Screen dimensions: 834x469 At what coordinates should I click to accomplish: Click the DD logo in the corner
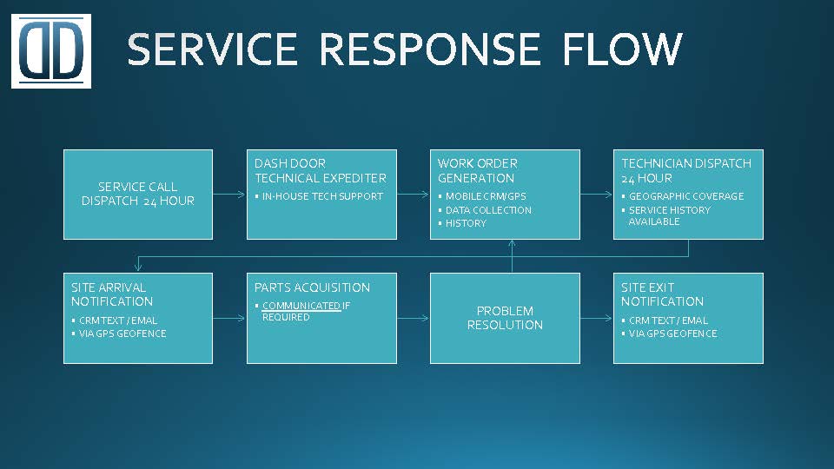[51, 51]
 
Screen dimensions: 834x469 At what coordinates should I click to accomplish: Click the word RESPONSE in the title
[429, 49]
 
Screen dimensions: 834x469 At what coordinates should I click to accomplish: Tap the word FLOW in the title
[622, 49]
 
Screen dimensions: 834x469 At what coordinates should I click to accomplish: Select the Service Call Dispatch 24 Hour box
[138, 195]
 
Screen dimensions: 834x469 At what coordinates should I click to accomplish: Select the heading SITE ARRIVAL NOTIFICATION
[112, 294]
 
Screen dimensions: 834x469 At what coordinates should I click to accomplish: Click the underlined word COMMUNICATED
[301, 306]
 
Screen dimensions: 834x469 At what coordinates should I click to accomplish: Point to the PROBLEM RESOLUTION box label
[505, 318]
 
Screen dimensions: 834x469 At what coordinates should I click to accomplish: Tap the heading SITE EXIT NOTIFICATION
[662, 294]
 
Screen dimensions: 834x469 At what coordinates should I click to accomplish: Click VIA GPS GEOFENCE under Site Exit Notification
[672, 334]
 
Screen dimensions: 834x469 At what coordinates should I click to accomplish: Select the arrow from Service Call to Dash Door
[229, 195]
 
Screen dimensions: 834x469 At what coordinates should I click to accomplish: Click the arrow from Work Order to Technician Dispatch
[596, 195]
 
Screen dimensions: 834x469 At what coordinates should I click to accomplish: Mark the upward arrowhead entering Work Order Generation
[512, 243]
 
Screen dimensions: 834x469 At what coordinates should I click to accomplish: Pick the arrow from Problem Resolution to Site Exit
[596, 318]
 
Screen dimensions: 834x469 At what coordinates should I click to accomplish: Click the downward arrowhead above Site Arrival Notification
[138, 267]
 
